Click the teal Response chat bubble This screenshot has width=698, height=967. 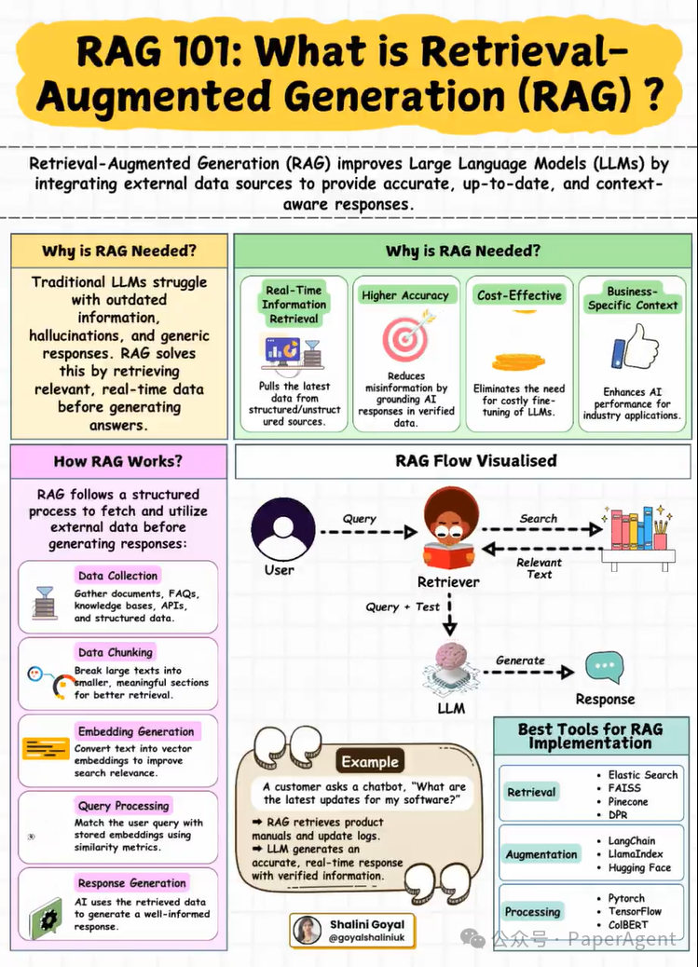(604, 668)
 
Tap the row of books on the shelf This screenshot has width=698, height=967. (636, 531)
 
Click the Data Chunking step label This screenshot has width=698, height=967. (116, 652)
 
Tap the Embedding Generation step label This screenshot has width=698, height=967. (136, 731)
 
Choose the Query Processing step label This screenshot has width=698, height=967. (124, 805)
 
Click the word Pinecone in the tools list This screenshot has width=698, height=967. (628, 801)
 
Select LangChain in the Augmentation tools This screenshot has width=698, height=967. (632, 841)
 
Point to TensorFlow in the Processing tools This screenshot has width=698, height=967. (635, 911)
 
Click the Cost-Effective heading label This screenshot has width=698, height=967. (519, 295)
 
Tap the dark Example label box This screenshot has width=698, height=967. (370, 761)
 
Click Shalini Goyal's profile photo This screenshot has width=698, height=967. (308, 930)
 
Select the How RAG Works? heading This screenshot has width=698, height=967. (117, 461)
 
